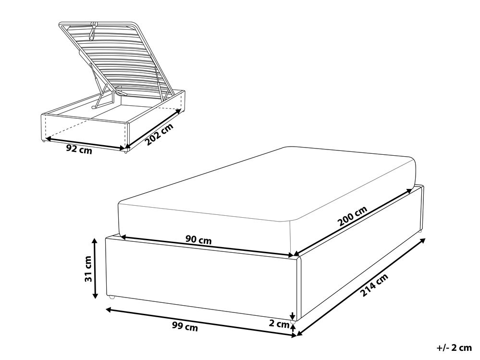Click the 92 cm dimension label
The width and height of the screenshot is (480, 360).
point(78,149)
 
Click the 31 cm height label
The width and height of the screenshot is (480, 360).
point(87,270)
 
